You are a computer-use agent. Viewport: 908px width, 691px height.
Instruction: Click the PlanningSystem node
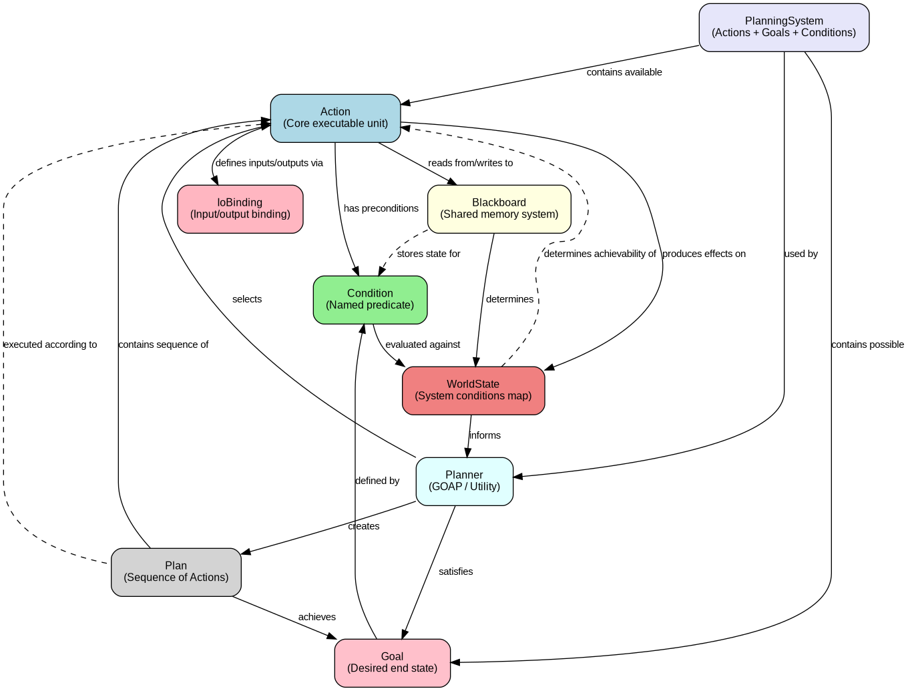point(784,27)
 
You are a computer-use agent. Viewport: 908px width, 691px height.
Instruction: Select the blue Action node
point(335,118)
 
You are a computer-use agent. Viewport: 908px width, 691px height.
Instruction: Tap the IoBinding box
point(240,209)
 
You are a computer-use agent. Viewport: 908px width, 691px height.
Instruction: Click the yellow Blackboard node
point(499,209)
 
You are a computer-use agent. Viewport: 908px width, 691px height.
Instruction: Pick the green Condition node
point(370,300)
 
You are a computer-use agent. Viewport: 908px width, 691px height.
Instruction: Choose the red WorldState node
point(473,391)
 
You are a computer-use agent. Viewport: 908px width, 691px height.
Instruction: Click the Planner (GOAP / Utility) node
point(464,481)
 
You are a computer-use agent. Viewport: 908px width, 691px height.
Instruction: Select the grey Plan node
point(176,572)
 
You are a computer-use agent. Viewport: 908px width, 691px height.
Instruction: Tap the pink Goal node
point(392,663)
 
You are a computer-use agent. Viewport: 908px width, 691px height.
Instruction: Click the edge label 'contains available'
point(624,72)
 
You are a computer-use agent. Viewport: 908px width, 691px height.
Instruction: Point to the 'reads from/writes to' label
point(470,163)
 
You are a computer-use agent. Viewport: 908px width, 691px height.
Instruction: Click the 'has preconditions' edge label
point(381,208)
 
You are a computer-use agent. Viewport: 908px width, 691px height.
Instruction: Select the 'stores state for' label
point(428,254)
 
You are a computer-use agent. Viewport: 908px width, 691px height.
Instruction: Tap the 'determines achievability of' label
point(600,254)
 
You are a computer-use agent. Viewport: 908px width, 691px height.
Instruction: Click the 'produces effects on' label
point(704,254)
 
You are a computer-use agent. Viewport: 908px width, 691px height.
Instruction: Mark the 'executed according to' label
point(50,344)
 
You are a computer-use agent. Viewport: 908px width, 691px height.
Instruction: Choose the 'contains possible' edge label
point(867,344)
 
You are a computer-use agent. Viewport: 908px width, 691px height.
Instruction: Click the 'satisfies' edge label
point(455,571)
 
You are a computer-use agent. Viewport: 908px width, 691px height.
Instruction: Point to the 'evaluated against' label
point(422,344)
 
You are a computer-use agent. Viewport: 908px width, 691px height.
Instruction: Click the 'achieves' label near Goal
point(316,617)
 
